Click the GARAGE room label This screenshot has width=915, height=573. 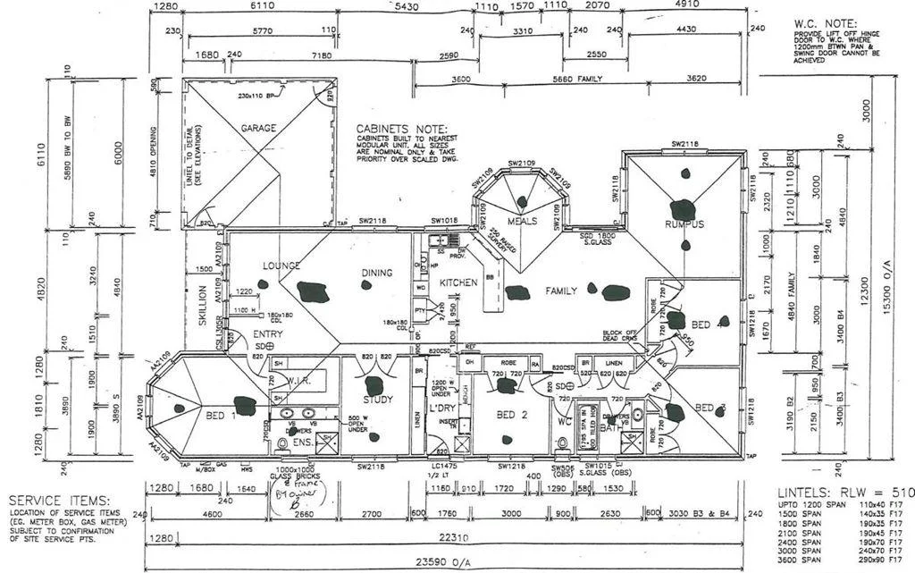258,128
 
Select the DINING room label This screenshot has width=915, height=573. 377,273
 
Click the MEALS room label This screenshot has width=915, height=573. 522,221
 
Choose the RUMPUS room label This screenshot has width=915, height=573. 685,223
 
